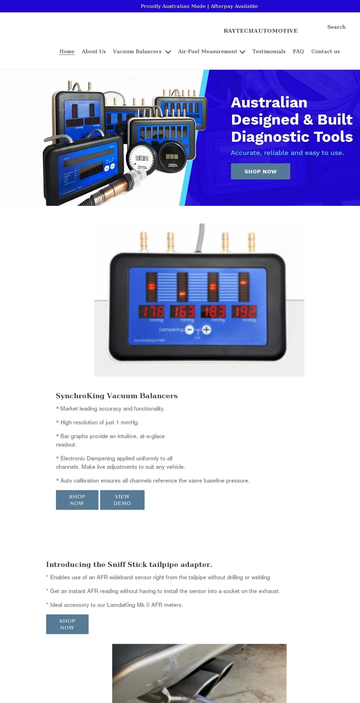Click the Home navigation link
click(x=67, y=51)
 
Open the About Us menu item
click(x=94, y=51)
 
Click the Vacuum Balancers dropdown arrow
click(x=168, y=52)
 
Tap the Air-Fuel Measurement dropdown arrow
click(x=243, y=52)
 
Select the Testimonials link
click(x=268, y=51)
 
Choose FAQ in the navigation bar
click(x=298, y=51)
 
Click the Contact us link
click(x=325, y=51)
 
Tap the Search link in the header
click(x=336, y=27)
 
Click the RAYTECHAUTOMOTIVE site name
click(x=260, y=31)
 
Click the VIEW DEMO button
click(x=122, y=500)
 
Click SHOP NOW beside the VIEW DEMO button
click(x=77, y=500)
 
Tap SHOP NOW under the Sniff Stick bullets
click(x=67, y=624)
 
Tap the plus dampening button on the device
click(x=207, y=330)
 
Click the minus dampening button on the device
click(x=189, y=330)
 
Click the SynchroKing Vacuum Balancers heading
click(x=117, y=396)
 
